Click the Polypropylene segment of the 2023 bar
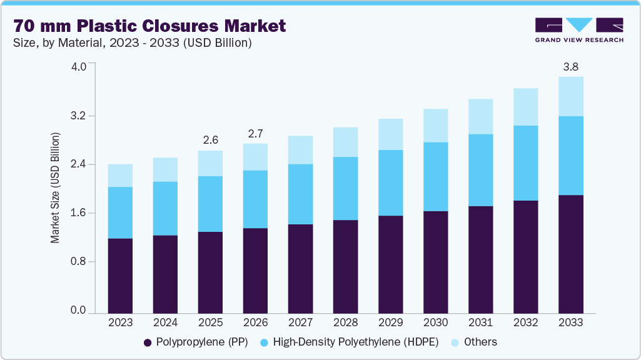click(120, 275)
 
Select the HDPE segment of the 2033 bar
click(570, 156)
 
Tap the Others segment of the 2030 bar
click(435, 126)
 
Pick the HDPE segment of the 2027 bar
click(300, 194)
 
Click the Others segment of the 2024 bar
click(165, 169)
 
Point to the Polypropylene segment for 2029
click(390, 264)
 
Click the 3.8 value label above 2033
click(570, 66)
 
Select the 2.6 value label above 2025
click(210, 139)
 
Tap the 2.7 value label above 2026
click(255, 132)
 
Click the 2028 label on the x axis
click(345, 323)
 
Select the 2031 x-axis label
click(480, 323)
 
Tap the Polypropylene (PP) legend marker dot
click(148, 342)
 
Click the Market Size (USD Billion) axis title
click(56, 187)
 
